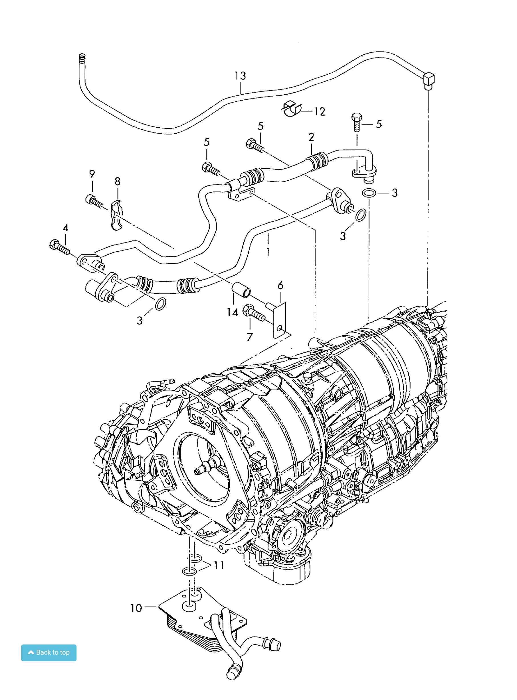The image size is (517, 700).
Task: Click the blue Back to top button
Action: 49,652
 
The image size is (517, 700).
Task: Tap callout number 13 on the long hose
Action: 240,75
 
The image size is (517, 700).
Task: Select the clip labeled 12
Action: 292,109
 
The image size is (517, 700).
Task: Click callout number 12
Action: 319,112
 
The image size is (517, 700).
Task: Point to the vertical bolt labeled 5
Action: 356,122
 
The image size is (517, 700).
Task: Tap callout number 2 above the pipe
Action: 311,137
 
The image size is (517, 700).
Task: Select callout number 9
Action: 92,174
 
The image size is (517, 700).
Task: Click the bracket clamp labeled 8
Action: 116,215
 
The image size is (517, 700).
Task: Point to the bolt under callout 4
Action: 59,247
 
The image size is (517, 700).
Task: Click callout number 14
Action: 233,312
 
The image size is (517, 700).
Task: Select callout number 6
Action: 280,285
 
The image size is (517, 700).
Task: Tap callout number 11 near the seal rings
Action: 219,565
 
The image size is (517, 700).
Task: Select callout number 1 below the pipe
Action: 268,252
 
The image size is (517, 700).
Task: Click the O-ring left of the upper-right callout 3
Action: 369,193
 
